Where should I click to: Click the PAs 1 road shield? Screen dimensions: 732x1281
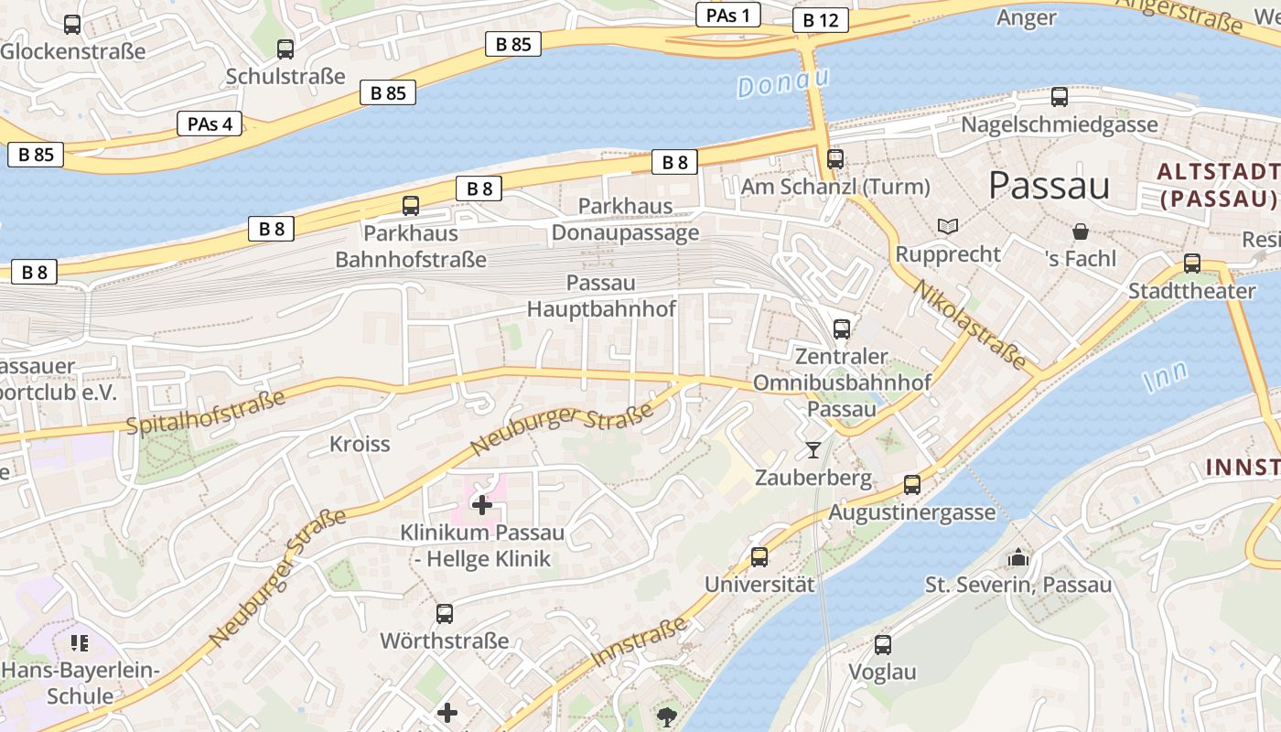728,15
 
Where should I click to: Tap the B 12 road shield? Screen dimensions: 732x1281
820,20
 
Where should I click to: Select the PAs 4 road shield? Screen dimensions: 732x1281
210,124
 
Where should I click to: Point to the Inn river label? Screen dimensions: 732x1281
1166,376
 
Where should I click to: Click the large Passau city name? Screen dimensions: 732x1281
1049,185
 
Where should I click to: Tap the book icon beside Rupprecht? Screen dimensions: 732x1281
947,226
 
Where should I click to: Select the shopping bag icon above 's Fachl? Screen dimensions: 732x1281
1081,231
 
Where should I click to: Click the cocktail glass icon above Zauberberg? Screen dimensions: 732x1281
813,449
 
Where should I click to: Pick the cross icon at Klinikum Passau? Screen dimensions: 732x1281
481,504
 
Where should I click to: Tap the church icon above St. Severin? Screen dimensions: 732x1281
1017,556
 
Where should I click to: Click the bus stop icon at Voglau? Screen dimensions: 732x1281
882,644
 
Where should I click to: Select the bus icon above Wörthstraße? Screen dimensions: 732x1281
444,613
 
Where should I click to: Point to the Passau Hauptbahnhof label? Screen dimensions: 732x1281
601,296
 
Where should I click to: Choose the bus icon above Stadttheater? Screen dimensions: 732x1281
1191,264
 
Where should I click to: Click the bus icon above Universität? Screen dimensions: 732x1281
759,556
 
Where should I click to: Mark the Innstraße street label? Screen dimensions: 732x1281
639,642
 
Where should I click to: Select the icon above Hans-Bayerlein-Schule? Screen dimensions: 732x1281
79,643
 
